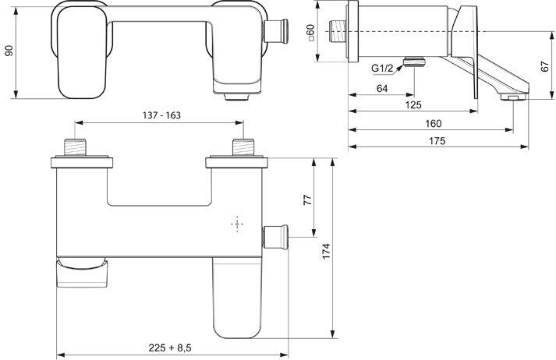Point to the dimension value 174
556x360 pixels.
click(328, 250)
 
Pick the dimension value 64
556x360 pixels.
click(382, 89)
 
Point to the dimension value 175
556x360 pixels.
click(436, 141)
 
